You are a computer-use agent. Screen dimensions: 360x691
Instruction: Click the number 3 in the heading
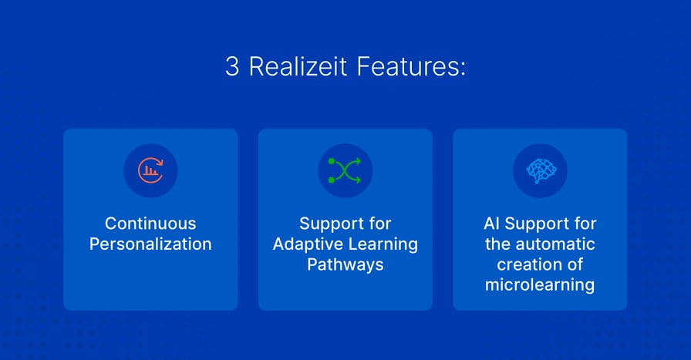click(x=232, y=67)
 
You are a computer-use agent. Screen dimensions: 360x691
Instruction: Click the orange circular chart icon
click(x=150, y=170)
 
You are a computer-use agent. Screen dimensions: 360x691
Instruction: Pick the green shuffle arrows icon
click(x=345, y=170)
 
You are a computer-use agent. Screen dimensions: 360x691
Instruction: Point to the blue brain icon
click(x=540, y=170)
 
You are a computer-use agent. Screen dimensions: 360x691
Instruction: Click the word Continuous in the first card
click(x=150, y=224)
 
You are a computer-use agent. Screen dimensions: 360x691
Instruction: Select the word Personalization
click(x=150, y=244)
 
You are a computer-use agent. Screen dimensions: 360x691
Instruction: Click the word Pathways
click(x=345, y=264)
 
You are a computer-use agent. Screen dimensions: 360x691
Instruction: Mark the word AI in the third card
click(x=492, y=224)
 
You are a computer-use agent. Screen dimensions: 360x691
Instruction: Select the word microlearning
click(x=540, y=285)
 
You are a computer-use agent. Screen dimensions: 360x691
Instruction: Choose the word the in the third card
click(x=498, y=244)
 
